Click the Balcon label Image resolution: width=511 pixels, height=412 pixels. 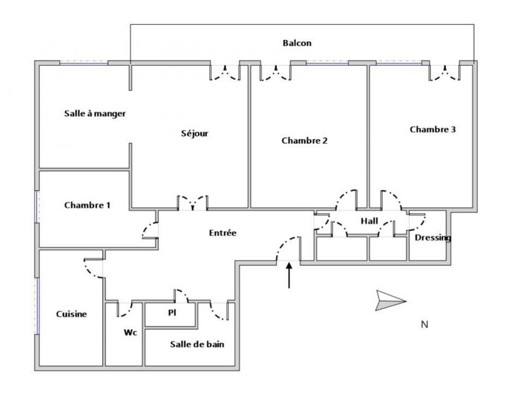point(296,43)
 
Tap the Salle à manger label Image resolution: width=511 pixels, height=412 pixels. point(95,113)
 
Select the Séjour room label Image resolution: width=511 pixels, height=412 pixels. point(194,133)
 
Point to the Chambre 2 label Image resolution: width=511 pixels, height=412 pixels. point(304,140)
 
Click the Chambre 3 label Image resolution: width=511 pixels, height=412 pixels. point(432,129)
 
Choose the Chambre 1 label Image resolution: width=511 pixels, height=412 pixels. point(87,205)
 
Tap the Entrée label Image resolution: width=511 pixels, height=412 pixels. point(222,233)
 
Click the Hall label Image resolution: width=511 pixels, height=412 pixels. point(369,221)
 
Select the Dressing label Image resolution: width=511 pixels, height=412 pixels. point(433,238)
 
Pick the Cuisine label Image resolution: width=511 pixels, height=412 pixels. point(71,314)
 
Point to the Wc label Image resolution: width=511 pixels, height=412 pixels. point(129,332)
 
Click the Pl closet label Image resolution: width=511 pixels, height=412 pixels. point(172,313)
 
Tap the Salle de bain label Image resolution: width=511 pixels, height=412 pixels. point(197,345)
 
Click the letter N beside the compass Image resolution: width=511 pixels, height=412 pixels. point(424,324)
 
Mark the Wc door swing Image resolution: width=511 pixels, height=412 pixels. point(125,310)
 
